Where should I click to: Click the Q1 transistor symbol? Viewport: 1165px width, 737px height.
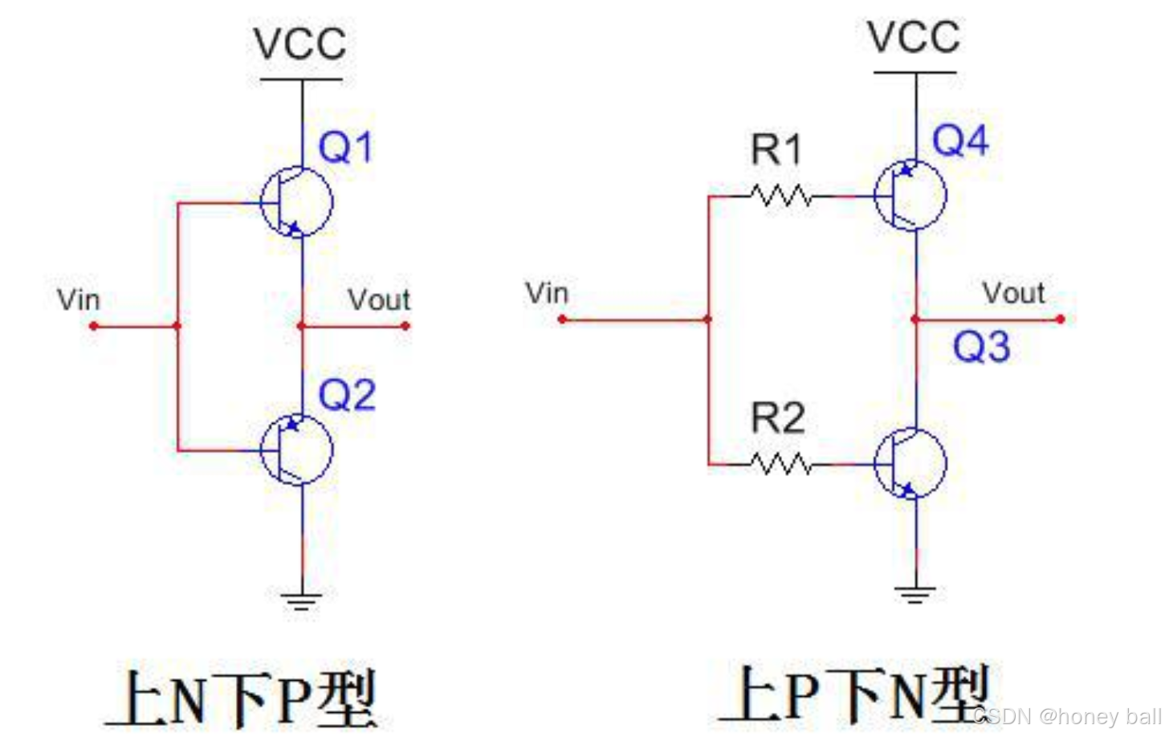click(296, 202)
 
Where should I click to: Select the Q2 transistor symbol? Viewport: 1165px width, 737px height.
click(296, 450)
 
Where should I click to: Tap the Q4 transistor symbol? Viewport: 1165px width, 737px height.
click(910, 195)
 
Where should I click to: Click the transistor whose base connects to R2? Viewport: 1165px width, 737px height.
click(910, 464)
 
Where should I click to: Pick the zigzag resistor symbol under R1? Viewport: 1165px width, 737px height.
click(780, 195)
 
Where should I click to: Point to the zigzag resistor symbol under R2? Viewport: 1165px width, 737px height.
click(780, 463)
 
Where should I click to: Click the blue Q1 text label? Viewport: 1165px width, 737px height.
click(345, 148)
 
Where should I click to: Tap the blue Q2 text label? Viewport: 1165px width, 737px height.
click(347, 395)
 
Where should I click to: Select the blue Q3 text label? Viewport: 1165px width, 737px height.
click(980, 347)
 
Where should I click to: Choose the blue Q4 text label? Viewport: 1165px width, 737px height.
click(960, 140)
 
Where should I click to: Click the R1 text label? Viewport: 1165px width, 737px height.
click(776, 150)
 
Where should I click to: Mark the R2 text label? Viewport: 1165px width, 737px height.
click(777, 418)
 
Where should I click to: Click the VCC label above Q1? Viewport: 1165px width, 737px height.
click(300, 44)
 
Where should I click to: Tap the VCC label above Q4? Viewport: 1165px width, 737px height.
click(914, 37)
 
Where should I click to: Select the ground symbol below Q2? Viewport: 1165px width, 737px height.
click(302, 601)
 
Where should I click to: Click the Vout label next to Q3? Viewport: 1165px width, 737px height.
click(1013, 293)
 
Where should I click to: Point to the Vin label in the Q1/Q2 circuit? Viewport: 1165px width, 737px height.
click(79, 300)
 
